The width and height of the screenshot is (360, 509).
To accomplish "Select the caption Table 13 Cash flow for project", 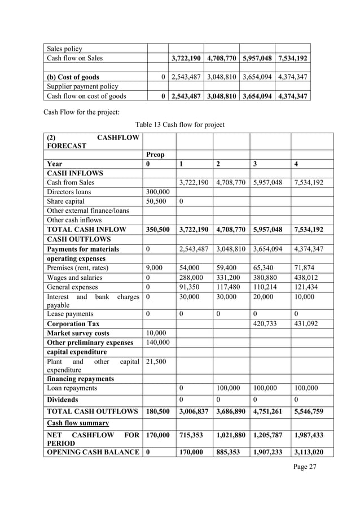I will pyautogui.click(x=179, y=124).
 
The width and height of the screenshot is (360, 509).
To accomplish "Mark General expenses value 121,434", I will pyautogui.click(x=306, y=287).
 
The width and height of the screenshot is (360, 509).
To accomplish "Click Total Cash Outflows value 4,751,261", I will pyautogui.click(x=270, y=411).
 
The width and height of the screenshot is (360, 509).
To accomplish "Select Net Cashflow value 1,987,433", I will pyautogui.click(x=309, y=435).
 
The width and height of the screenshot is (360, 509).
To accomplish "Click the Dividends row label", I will pyautogui.click(x=64, y=399).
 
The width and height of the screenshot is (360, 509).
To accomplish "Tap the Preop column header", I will pyautogui.click(x=155, y=154).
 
